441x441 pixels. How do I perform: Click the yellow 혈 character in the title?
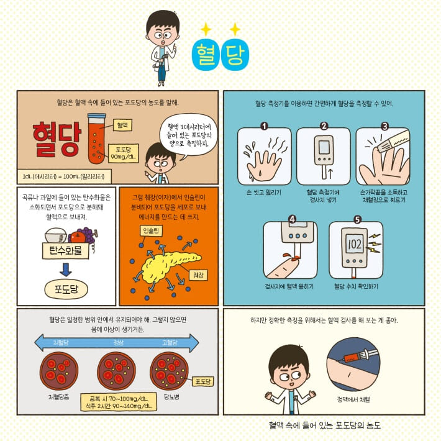[206, 55]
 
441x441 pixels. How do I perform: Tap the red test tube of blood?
[96, 139]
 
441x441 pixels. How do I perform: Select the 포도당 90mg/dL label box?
[124, 153]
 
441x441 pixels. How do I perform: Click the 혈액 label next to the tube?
[122, 125]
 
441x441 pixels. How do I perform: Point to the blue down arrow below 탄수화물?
[66, 270]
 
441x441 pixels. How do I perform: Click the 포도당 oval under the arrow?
[66, 289]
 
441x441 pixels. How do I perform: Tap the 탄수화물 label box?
[66, 250]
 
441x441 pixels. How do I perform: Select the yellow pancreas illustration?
[169, 266]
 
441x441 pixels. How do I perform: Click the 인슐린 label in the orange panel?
[151, 230]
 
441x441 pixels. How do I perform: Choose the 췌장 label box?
[198, 275]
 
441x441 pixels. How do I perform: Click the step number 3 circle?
[384, 126]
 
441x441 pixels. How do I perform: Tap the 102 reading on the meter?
[355, 244]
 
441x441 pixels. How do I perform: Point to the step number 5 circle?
[357, 219]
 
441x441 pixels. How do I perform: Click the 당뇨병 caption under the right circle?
[171, 397]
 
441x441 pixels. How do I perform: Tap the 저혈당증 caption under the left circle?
[59, 397]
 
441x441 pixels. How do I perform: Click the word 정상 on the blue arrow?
[119, 343]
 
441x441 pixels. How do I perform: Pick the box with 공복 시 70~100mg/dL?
[119, 402]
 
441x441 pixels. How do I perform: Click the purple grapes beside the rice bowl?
[89, 235]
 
